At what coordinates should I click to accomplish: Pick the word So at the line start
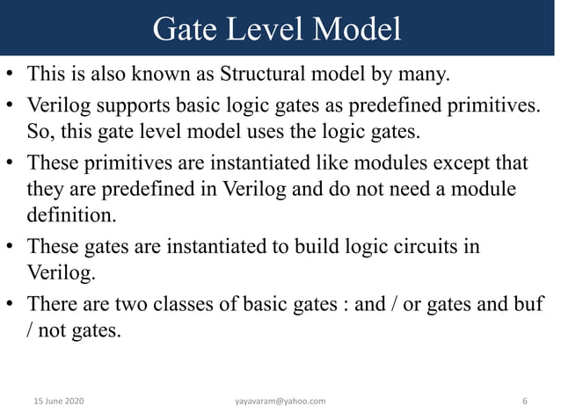[40, 133]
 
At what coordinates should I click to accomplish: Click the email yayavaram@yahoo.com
[280, 401]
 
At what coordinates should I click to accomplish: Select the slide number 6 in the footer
[525, 401]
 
